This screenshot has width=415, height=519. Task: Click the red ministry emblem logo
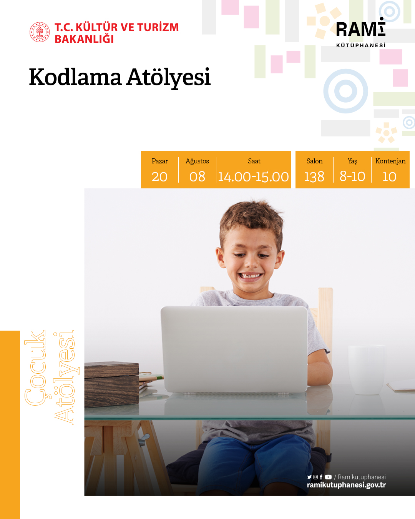pos(40,32)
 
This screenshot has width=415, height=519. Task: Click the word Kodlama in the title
pos(75,77)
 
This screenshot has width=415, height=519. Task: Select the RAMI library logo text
pos(360,30)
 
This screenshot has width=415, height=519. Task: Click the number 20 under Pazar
pos(159,177)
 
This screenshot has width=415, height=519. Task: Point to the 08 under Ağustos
pos(197,177)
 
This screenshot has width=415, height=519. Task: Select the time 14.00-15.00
pos(254,177)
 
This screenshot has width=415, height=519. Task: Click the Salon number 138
pos(314,177)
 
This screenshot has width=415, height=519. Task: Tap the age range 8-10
pos(352,176)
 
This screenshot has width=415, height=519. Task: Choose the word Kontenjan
pos(390,161)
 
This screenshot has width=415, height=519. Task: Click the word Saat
pos(254,161)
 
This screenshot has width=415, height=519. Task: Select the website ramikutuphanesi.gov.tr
pos(346,485)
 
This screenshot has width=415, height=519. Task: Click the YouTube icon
pos(328,477)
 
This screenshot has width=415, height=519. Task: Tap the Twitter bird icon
pos(309,477)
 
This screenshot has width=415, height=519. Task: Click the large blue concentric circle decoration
pos(345,91)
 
